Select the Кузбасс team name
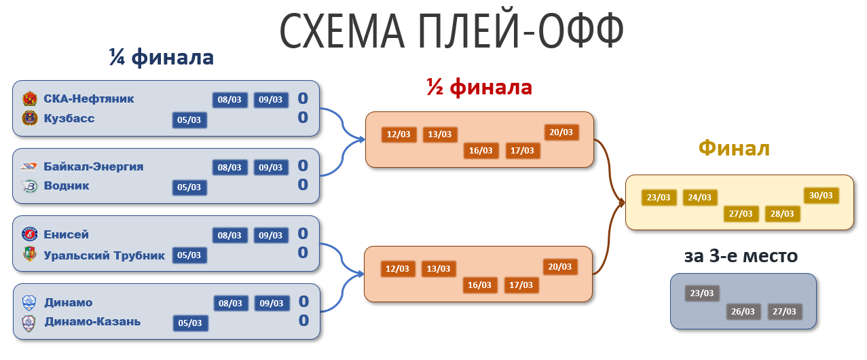click(x=69, y=119)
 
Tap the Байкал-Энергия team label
click(x=93, y=166)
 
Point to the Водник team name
click(x=67, y=186)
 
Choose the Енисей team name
click(x=66, y=235)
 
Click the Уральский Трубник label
click(x=104, y=255)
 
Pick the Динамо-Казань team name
click(x=92, y=322)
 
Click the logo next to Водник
click(x=29, y=186)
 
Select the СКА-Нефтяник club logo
click(x=29, y=99)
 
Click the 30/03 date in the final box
click(x=821, y=196)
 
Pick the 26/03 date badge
click(x=742, y=312)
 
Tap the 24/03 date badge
click(x=700, y=198)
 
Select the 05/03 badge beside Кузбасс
click(x=189, y=120)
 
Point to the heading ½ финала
click(x=479, y=88)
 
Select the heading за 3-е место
click(x=741, y=256)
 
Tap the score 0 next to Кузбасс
click(x=303, y=118)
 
